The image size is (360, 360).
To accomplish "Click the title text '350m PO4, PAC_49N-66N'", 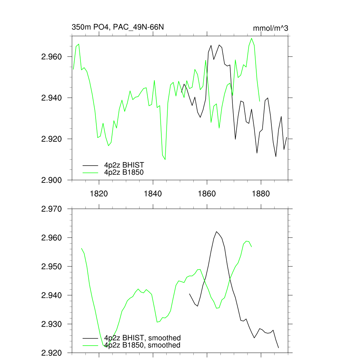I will click(x=118, y=27).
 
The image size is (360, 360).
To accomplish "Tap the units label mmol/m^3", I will click(x=270, y=28).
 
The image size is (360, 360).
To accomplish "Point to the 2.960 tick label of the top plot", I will click(x=52, y=57).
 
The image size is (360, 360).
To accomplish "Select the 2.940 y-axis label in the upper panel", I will click(x=52, y=98).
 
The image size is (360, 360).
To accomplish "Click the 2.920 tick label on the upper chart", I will click(x=52, y=139).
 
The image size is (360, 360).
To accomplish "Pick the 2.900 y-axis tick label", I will click(x=52, y=180).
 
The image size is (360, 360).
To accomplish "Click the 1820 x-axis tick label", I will click(x=99, y=193).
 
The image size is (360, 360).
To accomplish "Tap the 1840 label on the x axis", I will click(x=153, y=193).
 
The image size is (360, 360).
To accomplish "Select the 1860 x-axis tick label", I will click(x=207, y=193).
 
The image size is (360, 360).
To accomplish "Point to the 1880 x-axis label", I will click(x=261, y=193).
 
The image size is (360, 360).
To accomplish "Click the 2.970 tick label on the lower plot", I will click(x=52, y=209).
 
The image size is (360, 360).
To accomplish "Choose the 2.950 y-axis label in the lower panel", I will click(x=52, y=266).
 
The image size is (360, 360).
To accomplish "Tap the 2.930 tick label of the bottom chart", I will click(x=52, y=324).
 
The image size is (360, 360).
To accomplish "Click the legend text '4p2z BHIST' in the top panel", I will click(x=124, y=165).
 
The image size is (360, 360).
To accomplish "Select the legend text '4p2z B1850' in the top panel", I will click(x=124, y=172).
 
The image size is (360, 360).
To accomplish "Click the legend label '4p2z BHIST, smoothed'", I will click(x=142, y=338).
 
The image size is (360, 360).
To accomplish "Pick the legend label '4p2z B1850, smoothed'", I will click(x=142, y=345).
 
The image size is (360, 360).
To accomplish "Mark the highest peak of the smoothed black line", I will click(x=217, y=231).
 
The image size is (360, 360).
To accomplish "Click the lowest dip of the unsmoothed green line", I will click(x=165, y=160).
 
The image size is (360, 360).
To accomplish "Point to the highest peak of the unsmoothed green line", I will click(x=252, y=38).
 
